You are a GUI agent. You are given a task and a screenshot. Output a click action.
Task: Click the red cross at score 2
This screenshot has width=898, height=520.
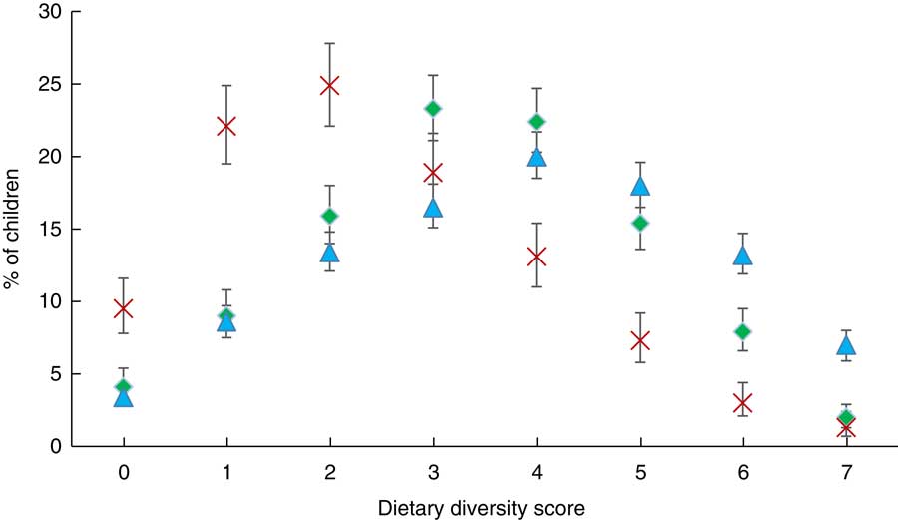pyautogui.click(x=329, y=86)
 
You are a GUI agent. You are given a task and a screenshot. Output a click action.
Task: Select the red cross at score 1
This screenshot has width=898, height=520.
pyautogui.click(x=225, y=126)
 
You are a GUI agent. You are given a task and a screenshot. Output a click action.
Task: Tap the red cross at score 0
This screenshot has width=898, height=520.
pyautogui.click(x=122, y=308)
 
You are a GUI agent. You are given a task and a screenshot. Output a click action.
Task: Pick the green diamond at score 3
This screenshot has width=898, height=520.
pyautogui.click(x=433, y=109)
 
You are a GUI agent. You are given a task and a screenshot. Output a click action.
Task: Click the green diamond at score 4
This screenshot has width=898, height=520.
pyautogui.click(x=537, y=122)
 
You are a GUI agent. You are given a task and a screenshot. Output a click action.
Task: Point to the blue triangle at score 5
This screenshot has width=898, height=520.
pyautogui.click(x=640, y=186)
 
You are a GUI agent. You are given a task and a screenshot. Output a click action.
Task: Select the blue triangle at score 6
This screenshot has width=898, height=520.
pyautogui.click(x=743, y=256)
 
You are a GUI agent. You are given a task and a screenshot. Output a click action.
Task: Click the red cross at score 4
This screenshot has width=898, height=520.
pyautogui.click(x=537, y=257)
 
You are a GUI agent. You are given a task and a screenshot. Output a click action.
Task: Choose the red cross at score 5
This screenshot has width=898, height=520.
pyautogui.click(x=640, y=340)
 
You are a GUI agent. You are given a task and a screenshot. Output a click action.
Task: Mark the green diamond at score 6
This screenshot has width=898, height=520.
pyautogui.click(x=743, y=331)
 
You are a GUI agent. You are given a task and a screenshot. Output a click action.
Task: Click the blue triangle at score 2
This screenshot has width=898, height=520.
pyautogui.click(x=329, y=253)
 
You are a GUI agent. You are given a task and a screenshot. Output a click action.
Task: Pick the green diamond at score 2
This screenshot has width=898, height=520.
pyautogui.click(x=329, y=216)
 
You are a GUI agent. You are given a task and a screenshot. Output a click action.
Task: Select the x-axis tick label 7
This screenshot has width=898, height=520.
pyautogui.click(x=847, y=468)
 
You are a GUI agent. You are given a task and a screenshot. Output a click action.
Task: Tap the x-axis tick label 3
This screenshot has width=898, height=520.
pyautogui.click(x=433, y=468)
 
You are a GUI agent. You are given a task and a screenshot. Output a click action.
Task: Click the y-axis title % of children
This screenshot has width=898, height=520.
pyautogui.click(x=13, y=229)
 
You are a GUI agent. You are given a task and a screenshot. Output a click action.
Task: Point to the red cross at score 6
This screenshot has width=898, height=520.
pyautogui.click(x=743, y=403)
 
